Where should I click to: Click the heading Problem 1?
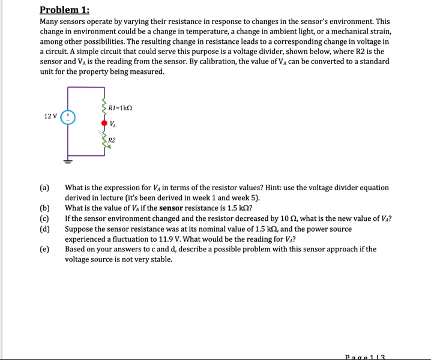click(x=64, y=10)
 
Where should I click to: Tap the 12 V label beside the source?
click(x=51, y=116)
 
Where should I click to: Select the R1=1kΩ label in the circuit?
click(x=120, y=109)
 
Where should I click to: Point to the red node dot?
click(x=104, y=124)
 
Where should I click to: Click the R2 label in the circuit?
click(x=112, y=140)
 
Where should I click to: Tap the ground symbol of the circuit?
click(x=68, y=161)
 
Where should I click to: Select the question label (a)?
click(x=44, y=188)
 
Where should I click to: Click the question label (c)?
click(x=44, y=218)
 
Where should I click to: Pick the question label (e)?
click(x=44, y=249)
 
